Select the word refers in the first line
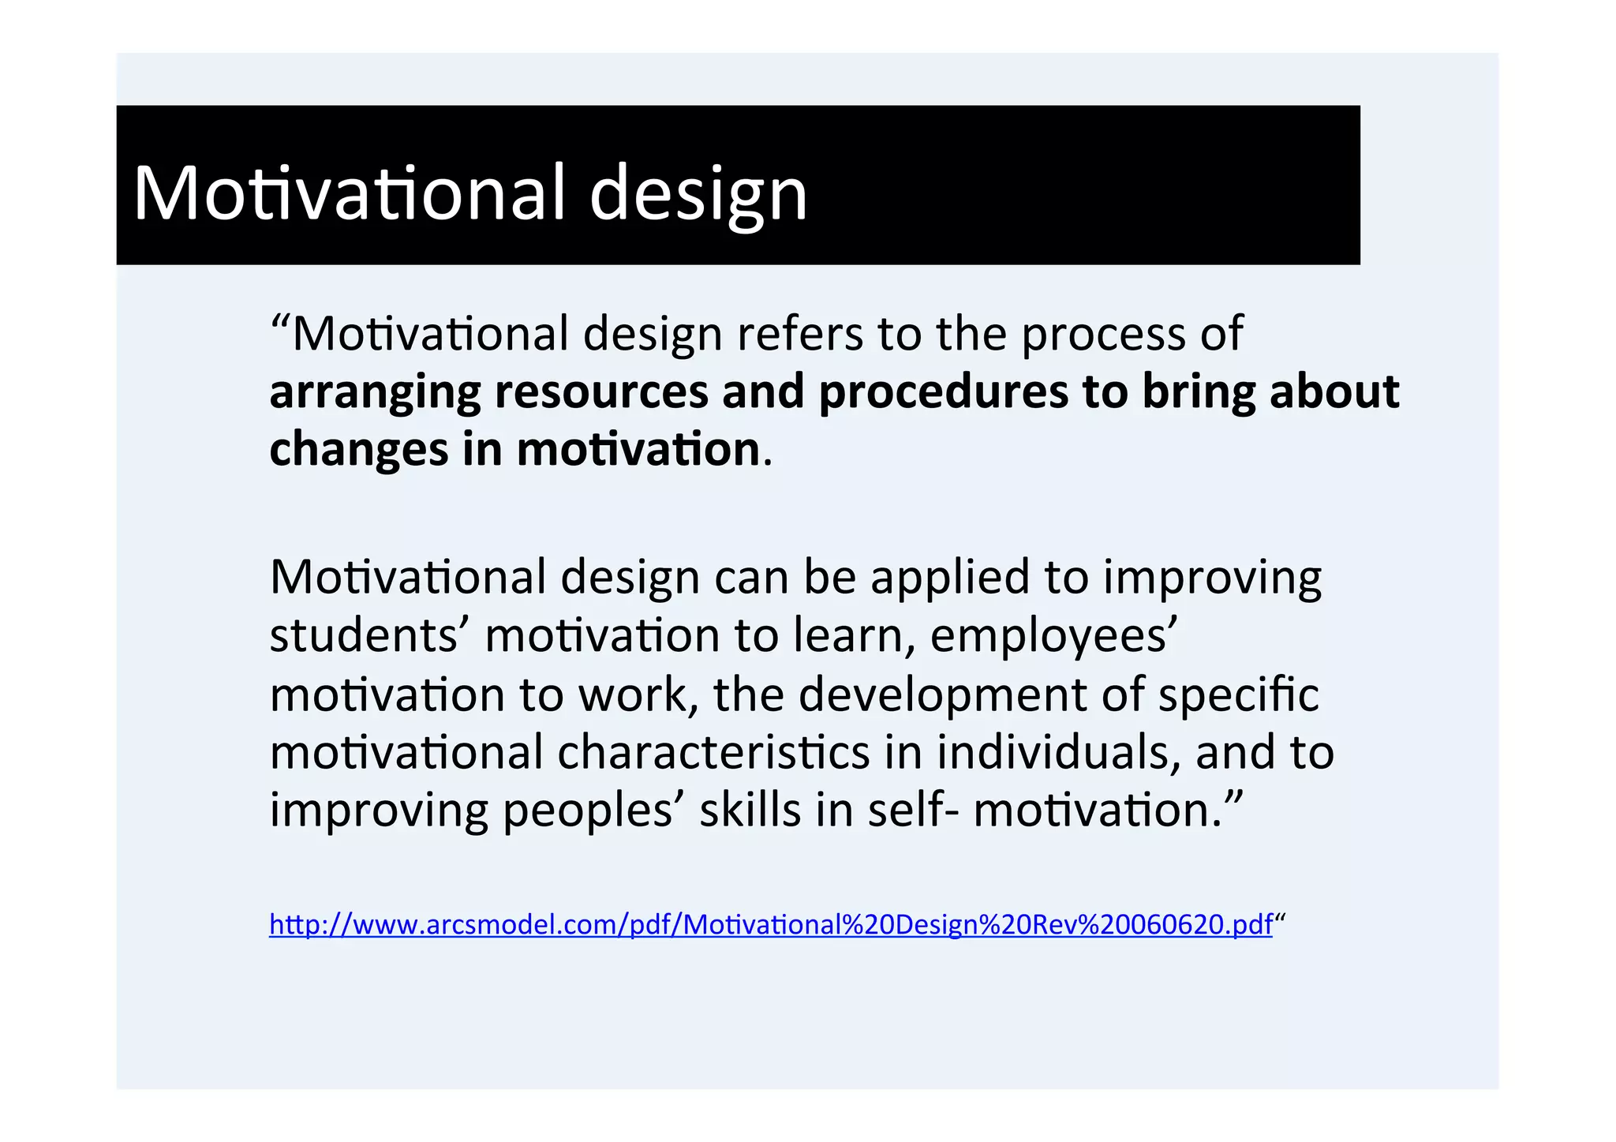point(799,334)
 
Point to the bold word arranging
point(375,392)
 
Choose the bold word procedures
point(943,392)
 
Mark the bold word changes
point(359,450)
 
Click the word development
point(943,695)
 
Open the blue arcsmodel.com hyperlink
point(770,924)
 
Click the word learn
point(854,635)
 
